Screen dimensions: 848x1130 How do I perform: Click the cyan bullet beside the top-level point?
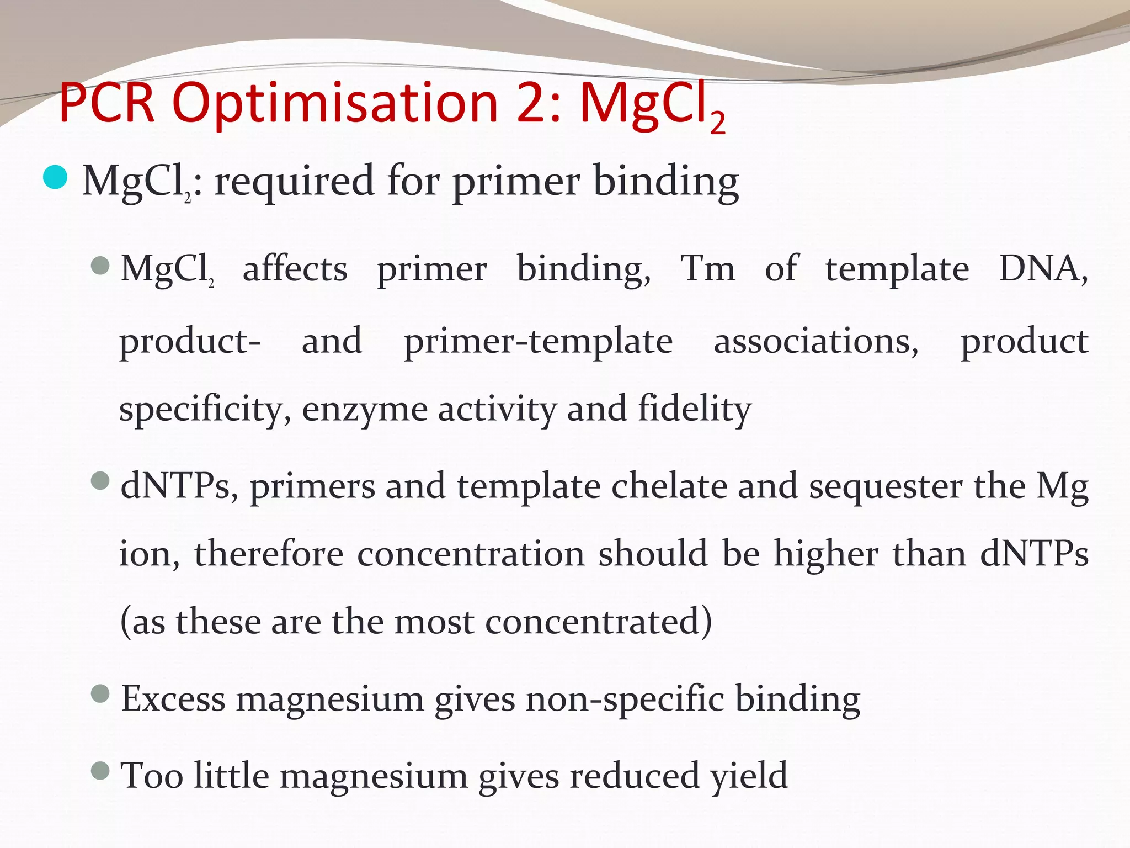pos(55,177)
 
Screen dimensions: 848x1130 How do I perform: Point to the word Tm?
pos(708,269)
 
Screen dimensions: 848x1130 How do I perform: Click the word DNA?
pos(1043,269)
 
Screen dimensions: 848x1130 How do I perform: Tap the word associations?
pos(816,341)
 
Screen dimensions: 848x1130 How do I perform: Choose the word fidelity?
pos(695,409)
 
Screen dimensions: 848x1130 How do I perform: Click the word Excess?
pos(173,699)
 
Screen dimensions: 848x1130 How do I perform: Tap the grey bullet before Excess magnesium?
pos(100,694)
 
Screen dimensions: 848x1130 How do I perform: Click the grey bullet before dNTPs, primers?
pos(100,481)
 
